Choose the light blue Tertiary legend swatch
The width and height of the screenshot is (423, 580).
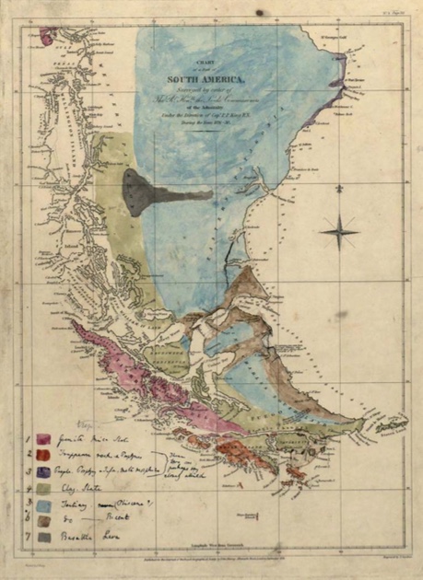pos(44,504)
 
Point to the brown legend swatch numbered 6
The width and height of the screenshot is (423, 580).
pos(44,520)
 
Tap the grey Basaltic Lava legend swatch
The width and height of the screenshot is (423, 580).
pos(44,537)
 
